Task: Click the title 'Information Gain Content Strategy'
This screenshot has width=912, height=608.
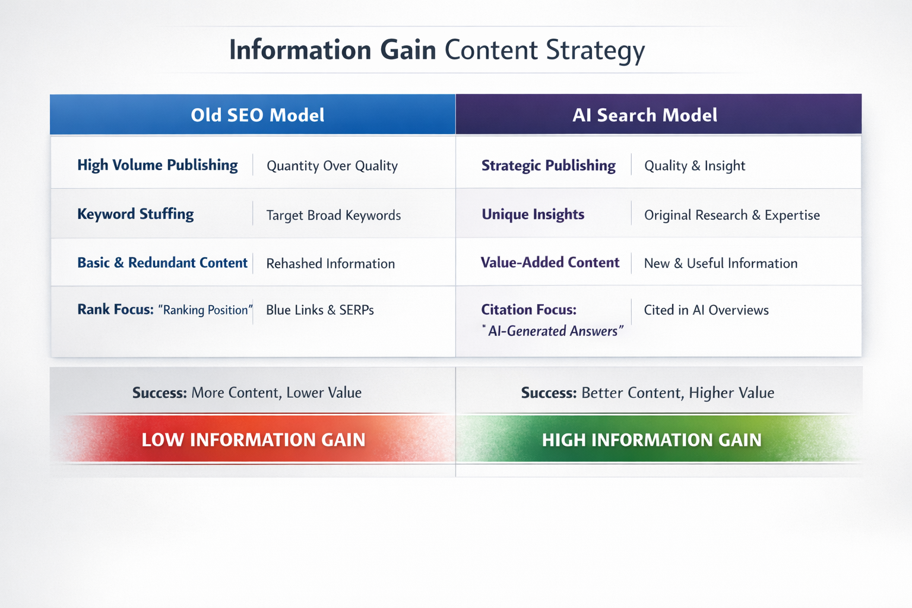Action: (x=437, y=50)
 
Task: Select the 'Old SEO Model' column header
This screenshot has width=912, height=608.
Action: (x=257, y=115)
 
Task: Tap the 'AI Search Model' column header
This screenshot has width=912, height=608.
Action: (x=645, y=115)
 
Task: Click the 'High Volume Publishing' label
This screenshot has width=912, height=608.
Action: (x=157, y=165)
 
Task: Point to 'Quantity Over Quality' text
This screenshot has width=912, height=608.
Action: (x=332, y=166)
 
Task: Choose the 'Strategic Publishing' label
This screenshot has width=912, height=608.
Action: (x=548, y=166)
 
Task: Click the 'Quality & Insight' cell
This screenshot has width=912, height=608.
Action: (x=695, y=166)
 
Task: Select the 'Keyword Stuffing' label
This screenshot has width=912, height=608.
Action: (x=135, y=214)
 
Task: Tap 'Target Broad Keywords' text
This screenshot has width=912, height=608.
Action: (x=333, y=215)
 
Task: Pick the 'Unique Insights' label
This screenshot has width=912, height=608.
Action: (x=533, y=214)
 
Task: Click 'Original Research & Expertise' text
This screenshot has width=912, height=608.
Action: (x=731, y=215)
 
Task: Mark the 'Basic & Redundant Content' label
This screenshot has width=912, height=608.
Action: (x=162, y=262)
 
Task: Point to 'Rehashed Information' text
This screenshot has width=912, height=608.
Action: (x=330, y=264)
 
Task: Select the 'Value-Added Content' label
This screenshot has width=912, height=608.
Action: (x=550, y=262)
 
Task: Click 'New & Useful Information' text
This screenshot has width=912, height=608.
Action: (x=721, y=263)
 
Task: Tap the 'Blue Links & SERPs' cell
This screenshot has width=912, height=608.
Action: (x=319, y=310)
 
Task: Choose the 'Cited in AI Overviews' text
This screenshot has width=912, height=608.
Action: (x=706, y=310)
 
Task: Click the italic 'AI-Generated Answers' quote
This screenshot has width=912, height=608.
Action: (x=553, y=331)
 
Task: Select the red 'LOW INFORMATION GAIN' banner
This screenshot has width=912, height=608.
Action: (x=254, y=439)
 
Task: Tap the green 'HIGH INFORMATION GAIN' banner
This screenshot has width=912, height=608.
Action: (x=651, y=439)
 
